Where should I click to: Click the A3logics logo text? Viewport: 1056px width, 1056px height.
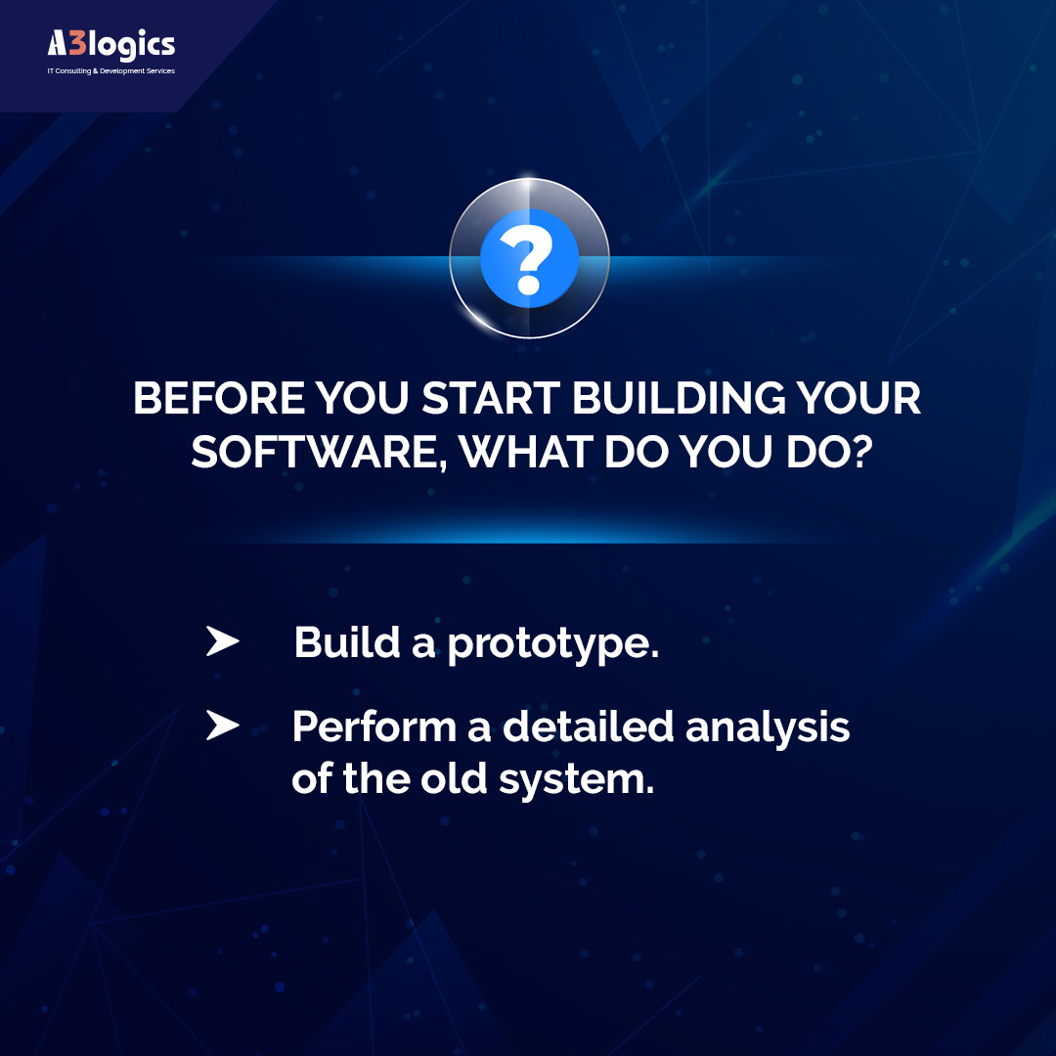[110, 45]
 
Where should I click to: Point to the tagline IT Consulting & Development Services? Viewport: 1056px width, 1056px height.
[110, 71]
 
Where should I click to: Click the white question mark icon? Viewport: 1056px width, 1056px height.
[529, 258]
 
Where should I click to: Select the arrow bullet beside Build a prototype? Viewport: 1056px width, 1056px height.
[222, 642]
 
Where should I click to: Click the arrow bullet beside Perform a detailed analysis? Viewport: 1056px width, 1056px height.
[222, 726]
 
